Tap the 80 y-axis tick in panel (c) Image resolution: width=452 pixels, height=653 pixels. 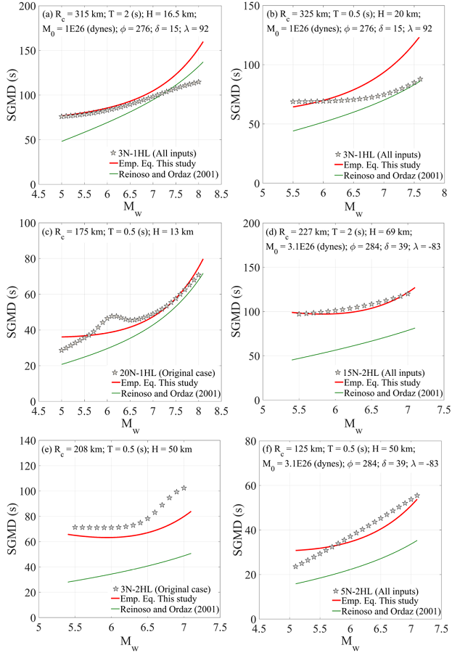32,259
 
